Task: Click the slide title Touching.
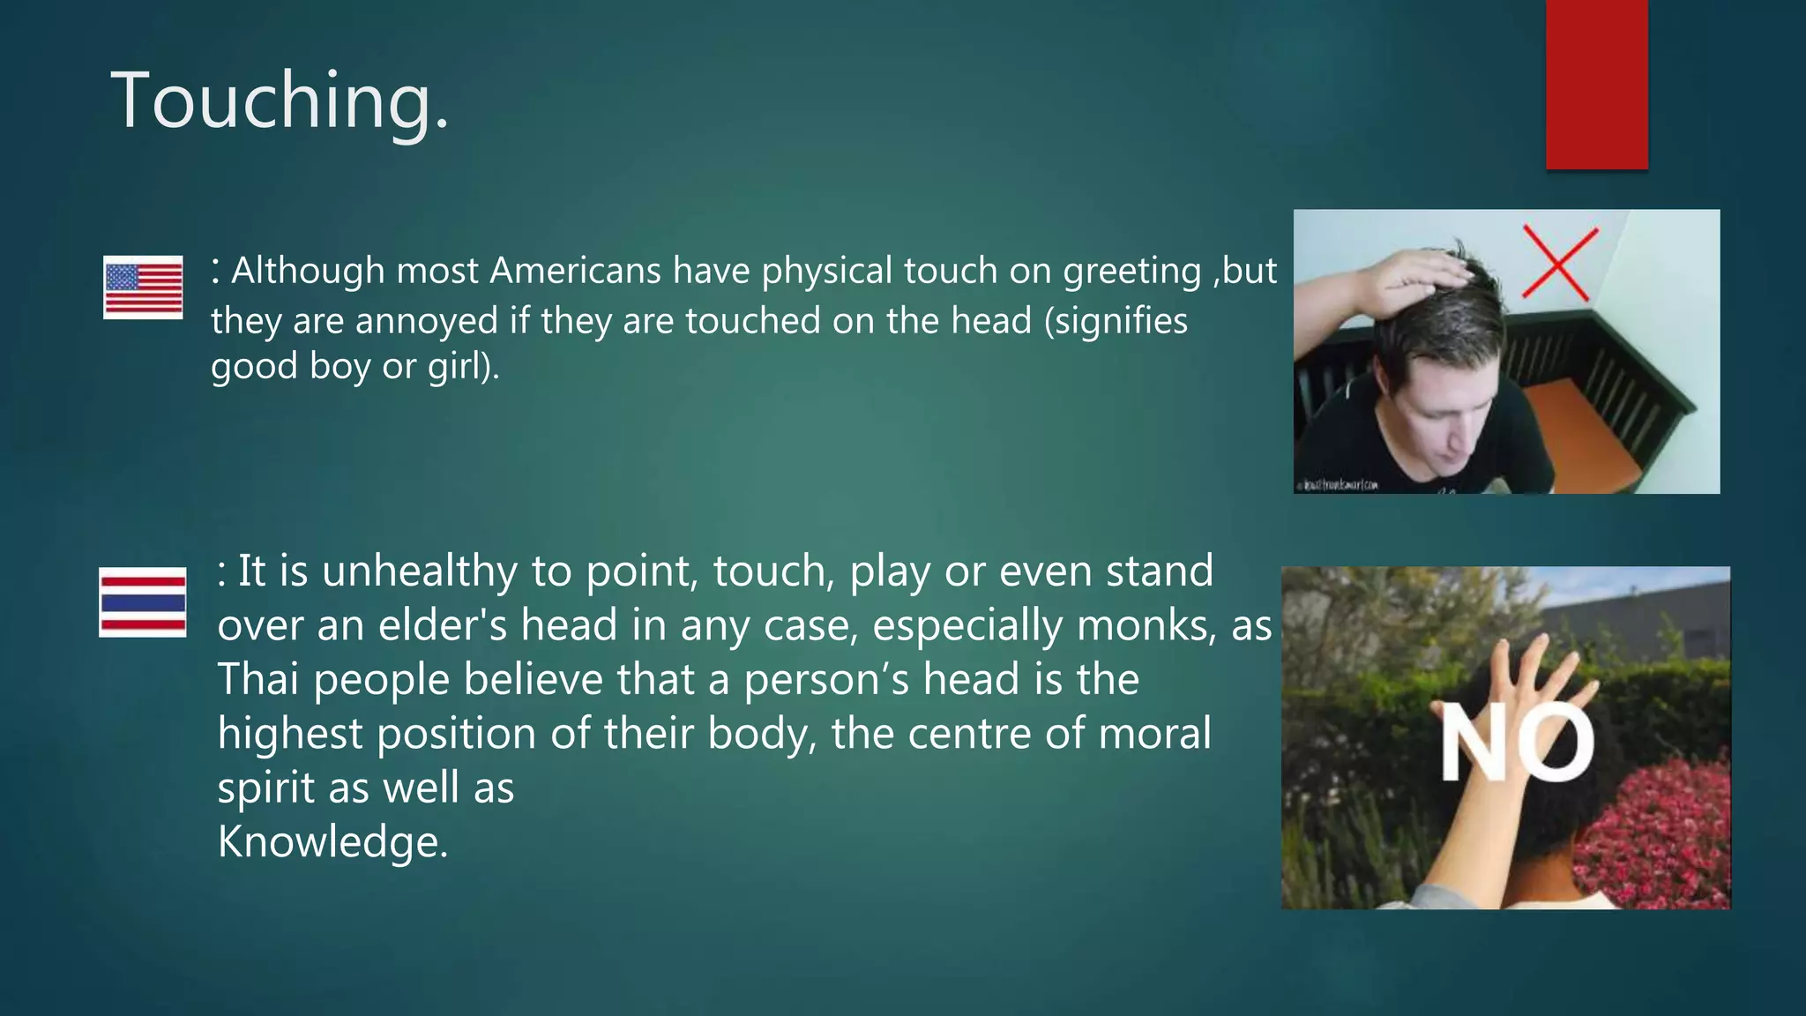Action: click(280, 101)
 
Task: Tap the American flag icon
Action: click(143, 287)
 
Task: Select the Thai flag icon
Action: click(143, 602)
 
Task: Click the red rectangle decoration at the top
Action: click(1596, 84)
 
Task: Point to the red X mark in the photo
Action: click(1559, 262)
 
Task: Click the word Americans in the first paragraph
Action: click(575, 271)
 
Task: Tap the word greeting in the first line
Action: click(1131, 271)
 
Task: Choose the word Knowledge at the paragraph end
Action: click(332, 842)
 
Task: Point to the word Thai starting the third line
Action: click(258, 680)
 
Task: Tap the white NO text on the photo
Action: click(1517, 743)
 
